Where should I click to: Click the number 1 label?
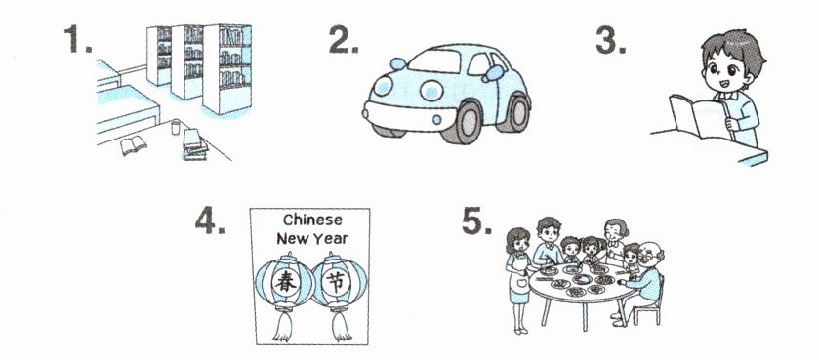click(78, 39)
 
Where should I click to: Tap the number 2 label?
click(344, 39)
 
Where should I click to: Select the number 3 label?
click(610, 40)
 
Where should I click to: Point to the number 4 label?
click(210, 220)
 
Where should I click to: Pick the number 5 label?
click(476, 220)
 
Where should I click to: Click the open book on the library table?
click(133, 144)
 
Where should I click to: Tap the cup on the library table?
click(176, 127)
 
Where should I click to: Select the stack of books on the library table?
click(195, 144)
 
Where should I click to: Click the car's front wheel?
click(461, 122)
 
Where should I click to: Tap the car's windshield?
click(433, 61)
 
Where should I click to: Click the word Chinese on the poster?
click(312, 220)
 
